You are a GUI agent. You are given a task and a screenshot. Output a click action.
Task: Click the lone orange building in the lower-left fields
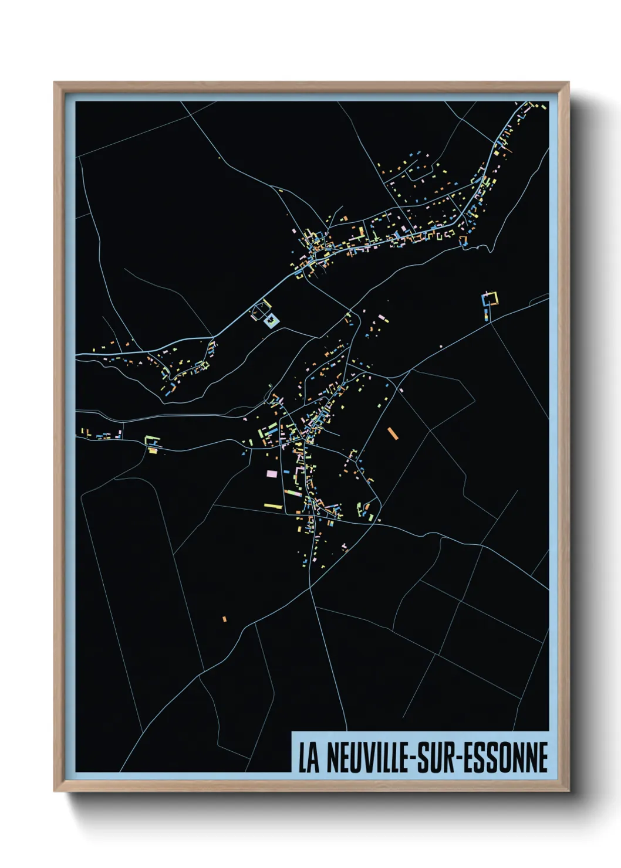click(x=224, y=618)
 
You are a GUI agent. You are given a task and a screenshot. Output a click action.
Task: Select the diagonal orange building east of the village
click(x=393, y=433)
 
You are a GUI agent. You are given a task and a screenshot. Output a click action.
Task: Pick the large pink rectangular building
click(x=272, y=473)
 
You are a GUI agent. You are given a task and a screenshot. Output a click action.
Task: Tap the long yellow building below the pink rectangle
click(x=273, y=506)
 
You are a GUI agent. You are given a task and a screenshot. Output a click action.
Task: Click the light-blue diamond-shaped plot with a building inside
click(x=272, y=320)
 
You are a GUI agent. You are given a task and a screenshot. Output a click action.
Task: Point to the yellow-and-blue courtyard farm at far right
click(x=490, y=300)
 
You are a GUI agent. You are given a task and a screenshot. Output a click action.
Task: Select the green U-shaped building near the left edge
click(x=153, y=442)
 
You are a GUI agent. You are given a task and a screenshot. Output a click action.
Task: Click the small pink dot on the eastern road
click(x=401, y=390)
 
